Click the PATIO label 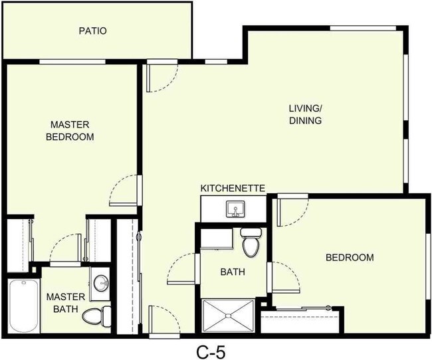tap(93, 31)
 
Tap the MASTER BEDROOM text tap(69, 131)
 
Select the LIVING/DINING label tap(305, 114)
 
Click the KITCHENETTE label tap(233, 189)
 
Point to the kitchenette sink tap(235, 210)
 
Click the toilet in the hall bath tap(251, 242)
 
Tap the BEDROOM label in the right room tap(349, 258)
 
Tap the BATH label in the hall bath tap(233, 272)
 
